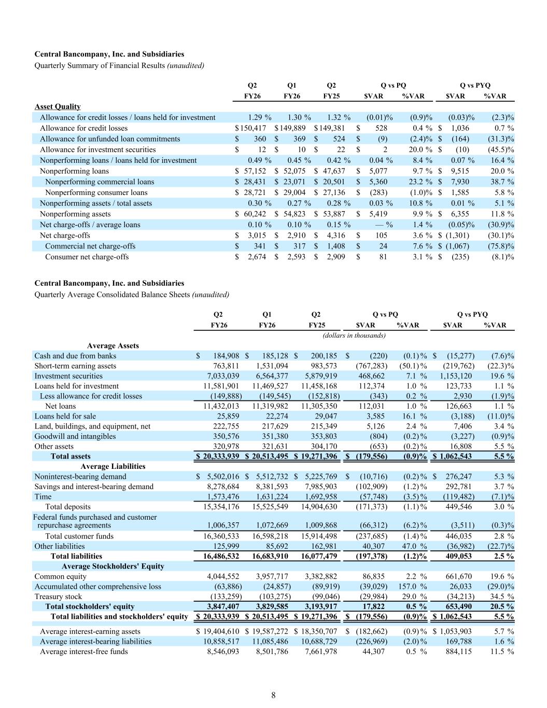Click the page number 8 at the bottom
coord(273,696)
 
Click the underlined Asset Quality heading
coord(58,106)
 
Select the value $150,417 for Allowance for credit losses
coord(250,128)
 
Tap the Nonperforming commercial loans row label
coord(100,182)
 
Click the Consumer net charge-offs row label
coord(87,257)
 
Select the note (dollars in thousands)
coord(354,335)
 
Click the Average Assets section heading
coord(113,345)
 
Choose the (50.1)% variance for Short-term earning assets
coord(413,366)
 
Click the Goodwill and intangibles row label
coord(75,436)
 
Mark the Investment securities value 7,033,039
coord(223,376)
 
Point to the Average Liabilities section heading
coord(113,466)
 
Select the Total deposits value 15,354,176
coord(221,507)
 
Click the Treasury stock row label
coord(58,596)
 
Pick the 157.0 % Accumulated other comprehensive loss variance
coord(413,587)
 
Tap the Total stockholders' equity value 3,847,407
coord(223,606)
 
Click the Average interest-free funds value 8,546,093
coord(223,651)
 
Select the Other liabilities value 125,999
coord(226,546)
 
